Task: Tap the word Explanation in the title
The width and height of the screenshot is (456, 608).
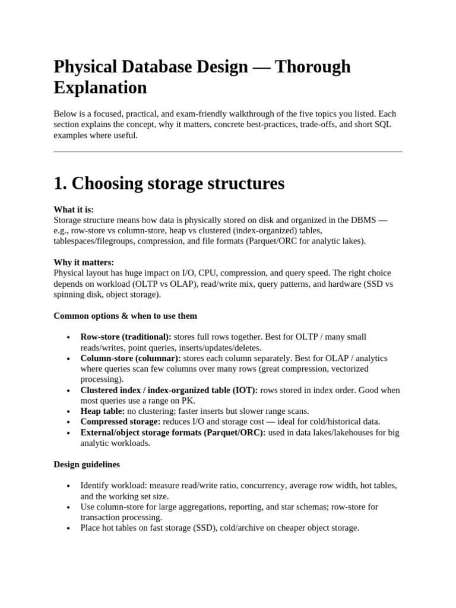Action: [100, 88]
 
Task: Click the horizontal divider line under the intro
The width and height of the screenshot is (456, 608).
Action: [228, 151]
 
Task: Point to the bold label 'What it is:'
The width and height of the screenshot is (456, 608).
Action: [74, 210]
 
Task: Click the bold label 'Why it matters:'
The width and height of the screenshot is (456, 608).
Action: [84, 262]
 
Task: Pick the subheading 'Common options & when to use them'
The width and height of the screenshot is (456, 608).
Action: [125, 315]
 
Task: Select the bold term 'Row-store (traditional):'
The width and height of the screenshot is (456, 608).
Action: [126, 337]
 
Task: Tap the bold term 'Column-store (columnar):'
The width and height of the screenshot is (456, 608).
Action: [131, 358]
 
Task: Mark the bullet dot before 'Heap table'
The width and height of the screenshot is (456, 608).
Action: [69, 411]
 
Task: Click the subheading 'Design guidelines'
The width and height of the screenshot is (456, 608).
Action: [87, 464]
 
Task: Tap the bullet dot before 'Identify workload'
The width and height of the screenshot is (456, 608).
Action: [69, 486]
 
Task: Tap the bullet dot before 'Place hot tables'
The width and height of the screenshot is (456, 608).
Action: [69, 528]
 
